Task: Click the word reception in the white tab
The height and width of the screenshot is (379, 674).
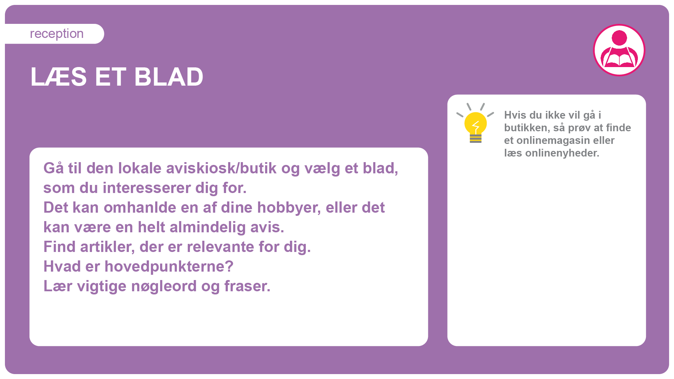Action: point(57,34)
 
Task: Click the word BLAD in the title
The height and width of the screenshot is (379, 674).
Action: point(168,77)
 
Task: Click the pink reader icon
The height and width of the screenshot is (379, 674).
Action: point(619,50)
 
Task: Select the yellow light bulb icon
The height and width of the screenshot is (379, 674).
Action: point(475,123)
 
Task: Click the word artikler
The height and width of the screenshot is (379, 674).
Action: point(107,247)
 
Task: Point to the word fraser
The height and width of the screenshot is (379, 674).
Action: point(247,286)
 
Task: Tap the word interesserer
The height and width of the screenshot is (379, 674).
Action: point(147,188)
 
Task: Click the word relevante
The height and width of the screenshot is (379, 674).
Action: point(221,247)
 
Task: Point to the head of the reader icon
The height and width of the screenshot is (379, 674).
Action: point(619,38)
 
